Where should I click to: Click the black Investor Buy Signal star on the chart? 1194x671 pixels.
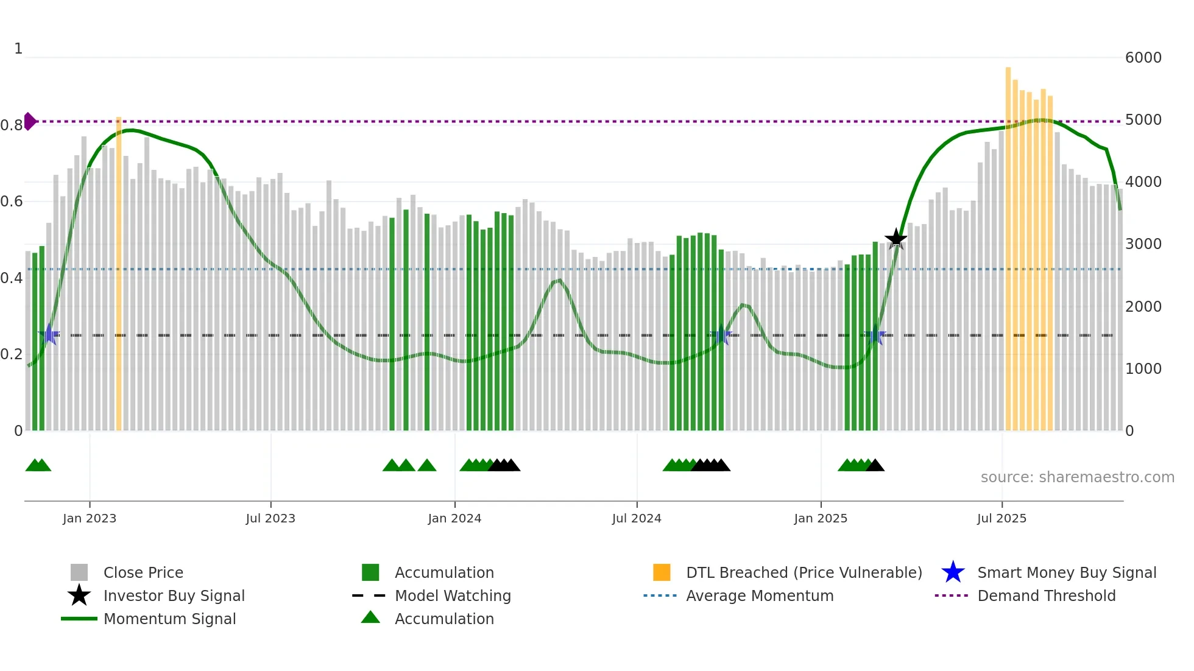(895, 239)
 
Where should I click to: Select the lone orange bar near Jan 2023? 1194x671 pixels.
(119, 274)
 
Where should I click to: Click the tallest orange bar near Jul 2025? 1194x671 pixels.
(1008, 244)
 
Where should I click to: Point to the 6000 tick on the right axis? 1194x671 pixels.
(1143, 58)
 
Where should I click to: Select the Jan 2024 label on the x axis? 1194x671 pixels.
(454, 519)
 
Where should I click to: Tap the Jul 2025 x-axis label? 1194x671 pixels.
(1001, 519)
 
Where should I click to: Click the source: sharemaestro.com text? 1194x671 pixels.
(1077, 477)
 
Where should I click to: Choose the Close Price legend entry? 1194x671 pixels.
(143, 573)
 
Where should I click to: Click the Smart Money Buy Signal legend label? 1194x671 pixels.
(1066, 573)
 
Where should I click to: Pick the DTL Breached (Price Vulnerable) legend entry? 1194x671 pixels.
(804, 573)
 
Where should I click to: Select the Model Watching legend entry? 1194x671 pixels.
(453, 596)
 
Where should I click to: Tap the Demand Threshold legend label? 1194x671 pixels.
(1046, 596)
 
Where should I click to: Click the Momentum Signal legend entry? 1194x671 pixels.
(169, 619)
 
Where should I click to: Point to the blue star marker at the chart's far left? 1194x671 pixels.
(49, 335)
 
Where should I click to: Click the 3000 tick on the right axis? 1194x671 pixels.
(1143, 244)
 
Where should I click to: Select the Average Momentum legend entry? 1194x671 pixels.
(759, 596)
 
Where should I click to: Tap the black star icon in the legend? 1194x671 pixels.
(79, 595)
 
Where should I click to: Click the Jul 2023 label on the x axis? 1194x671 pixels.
(270, 519)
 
